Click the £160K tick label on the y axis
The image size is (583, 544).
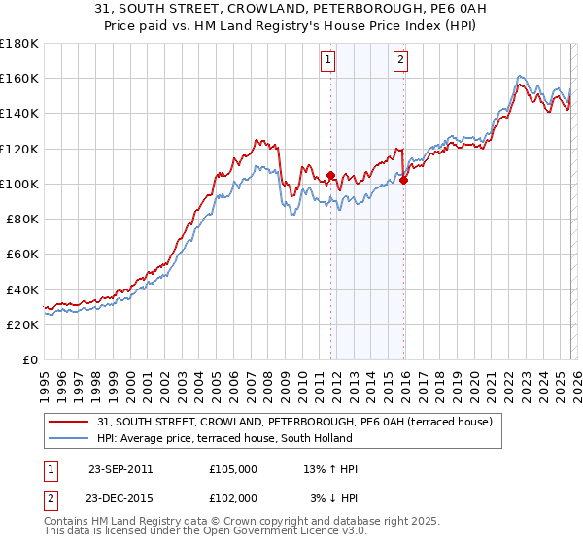tap(19, 78)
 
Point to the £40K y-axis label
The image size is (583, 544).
tap(22, 289)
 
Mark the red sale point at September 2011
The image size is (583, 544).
tap(330, 176)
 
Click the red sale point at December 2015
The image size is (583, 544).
tap(403, 180)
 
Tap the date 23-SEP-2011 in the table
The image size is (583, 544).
tap(120, 469)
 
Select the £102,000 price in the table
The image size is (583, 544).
tap(233, 497)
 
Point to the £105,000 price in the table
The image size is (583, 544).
tap(233, 469)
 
